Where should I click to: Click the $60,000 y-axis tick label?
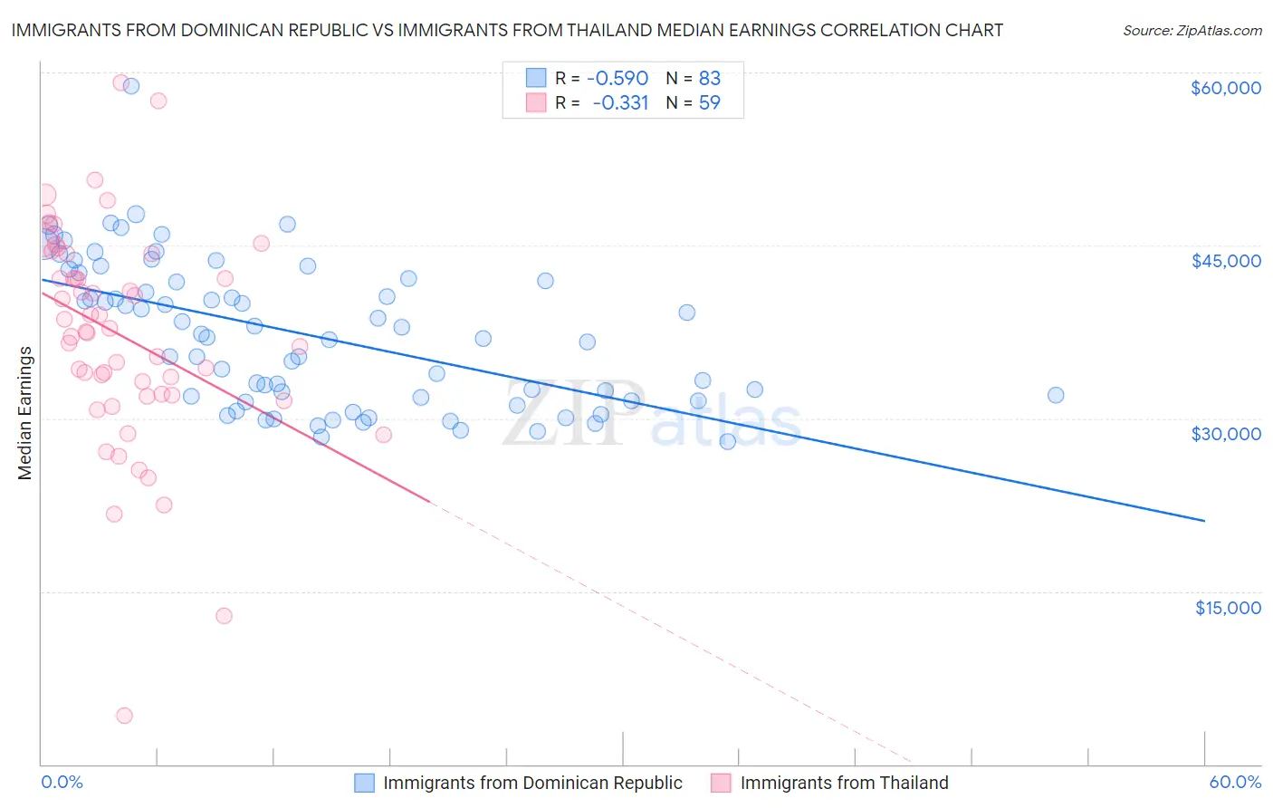[1225, 88]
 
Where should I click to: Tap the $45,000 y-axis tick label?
[1225, 261]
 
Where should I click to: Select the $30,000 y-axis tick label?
[1225, 434]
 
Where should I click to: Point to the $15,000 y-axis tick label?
[1227, 608]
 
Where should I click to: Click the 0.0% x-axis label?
[62, 783]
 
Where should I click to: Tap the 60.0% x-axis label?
[1235, 783]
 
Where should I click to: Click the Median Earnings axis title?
[25, 413]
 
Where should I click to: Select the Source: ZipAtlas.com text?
[1192, 31]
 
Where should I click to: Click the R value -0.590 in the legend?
[617, 79]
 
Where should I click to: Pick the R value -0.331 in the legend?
[620, 103]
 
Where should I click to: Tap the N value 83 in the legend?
[709, 79]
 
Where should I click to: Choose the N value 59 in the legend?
[709, 103]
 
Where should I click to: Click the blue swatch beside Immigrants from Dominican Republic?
[364, 784]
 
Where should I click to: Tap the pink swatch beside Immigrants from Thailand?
[721, 784]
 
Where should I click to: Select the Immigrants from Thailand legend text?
[844, 784]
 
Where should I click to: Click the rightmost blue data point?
[1056, 395]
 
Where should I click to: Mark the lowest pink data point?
[125, 716]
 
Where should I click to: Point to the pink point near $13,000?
[224, 616]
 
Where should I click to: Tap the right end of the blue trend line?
[1204, 521]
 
